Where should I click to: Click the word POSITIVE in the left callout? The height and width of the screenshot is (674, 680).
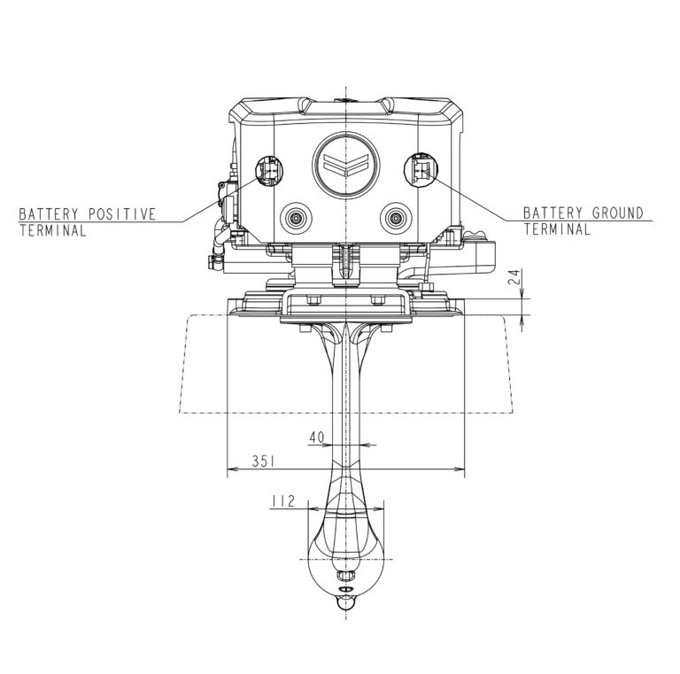pos(122,214)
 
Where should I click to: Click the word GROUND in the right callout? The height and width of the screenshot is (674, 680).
pos(617,213)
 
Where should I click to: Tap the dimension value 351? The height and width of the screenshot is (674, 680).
pos(263,461)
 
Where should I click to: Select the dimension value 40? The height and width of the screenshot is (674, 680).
pos(317,438)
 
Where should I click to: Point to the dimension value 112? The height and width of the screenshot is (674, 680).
pos(282,501)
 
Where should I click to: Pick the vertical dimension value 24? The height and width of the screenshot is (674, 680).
pos(514,276)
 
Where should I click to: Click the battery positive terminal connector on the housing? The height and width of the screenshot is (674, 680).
pos(269,171)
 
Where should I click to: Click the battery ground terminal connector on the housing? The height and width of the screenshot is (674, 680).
pos(421,169)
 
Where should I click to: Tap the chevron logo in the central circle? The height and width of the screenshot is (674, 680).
pos(345,166)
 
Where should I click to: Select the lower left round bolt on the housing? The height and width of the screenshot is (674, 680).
pos(297,217)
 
